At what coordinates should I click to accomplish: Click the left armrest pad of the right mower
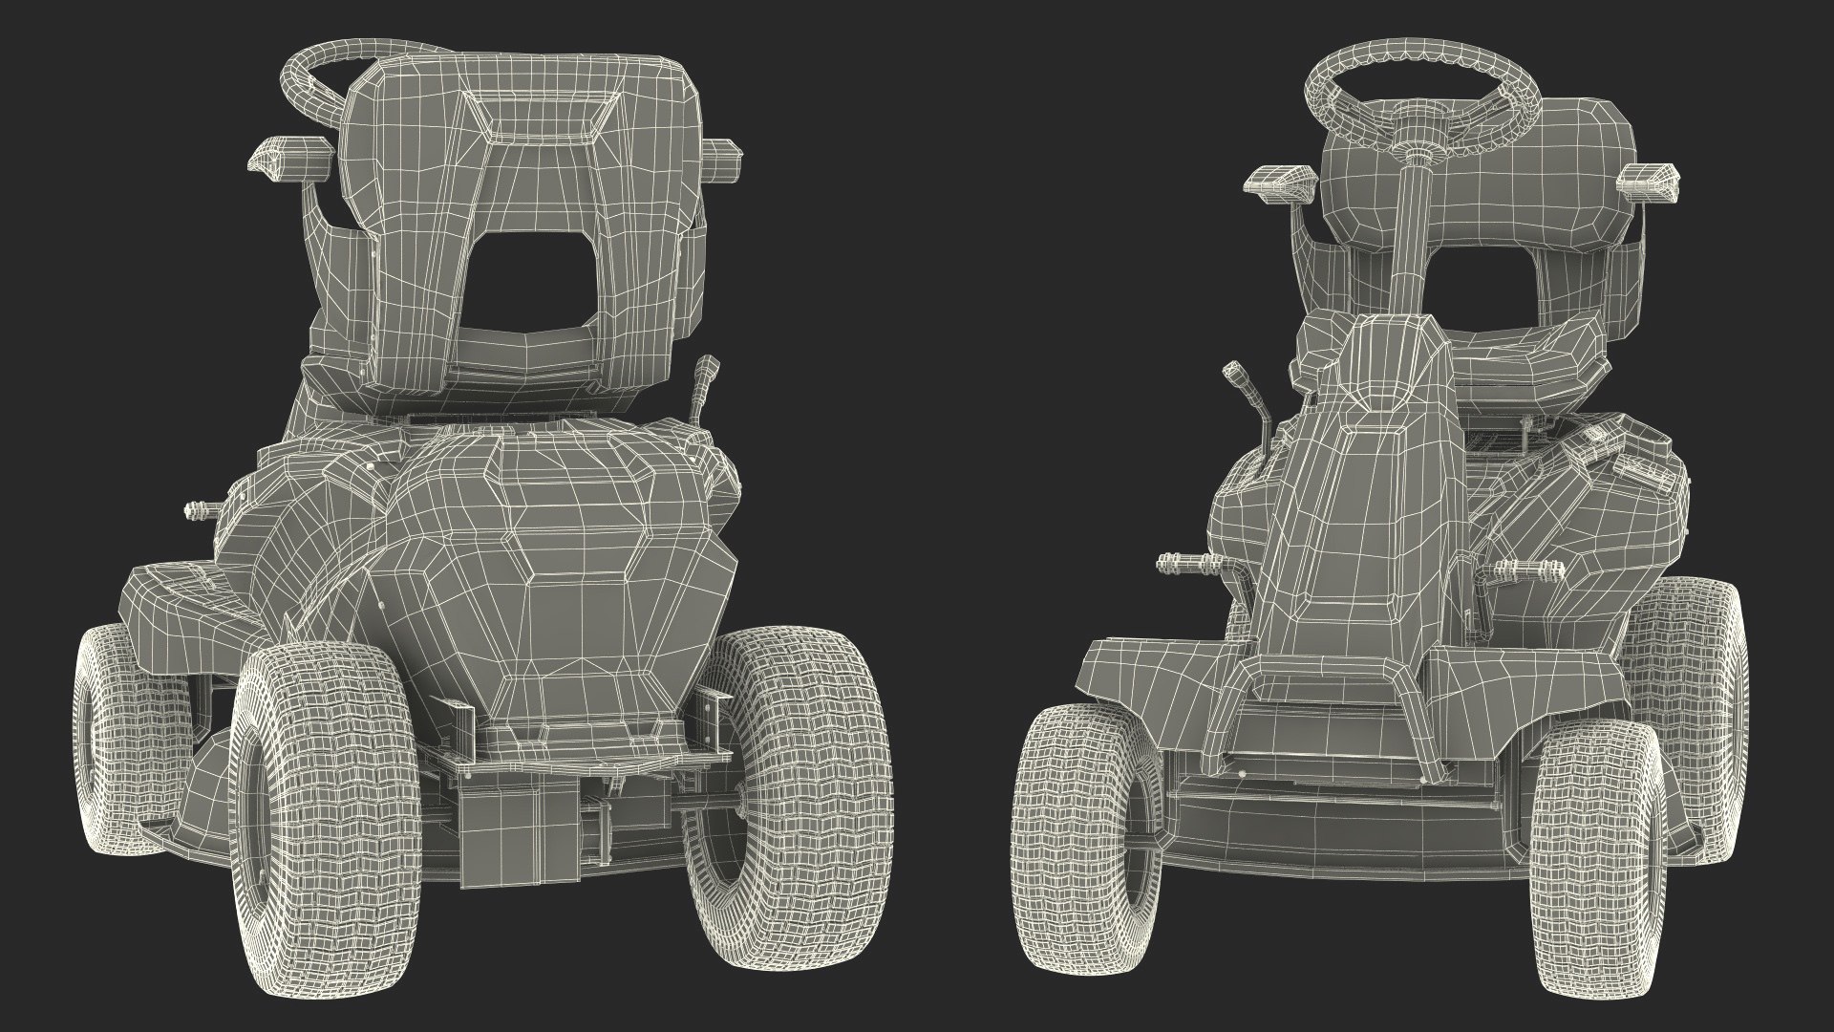click(x=1269, y=182)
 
